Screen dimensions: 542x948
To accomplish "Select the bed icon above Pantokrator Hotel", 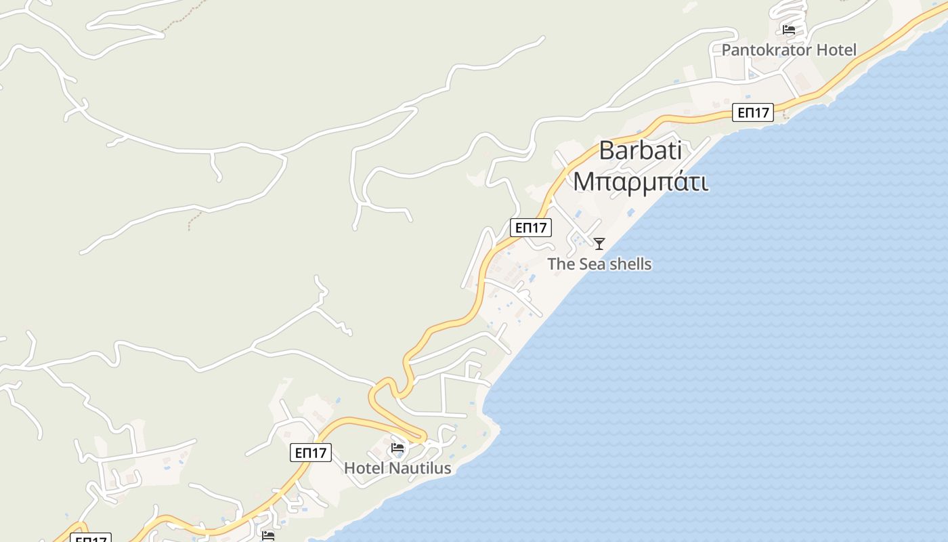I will click(788, 30).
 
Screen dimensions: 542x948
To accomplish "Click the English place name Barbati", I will click(640, 150).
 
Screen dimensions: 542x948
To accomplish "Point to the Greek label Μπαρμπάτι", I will click(641, 182).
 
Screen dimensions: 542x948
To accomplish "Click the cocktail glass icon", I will click(599, 244).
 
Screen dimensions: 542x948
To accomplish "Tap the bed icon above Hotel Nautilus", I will click(397, 448).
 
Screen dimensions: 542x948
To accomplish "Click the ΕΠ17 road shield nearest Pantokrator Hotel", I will click(753, 112).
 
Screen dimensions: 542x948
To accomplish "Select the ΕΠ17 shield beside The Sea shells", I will click(531, 228).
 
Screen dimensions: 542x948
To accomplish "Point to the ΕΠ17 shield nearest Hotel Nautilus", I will click(311, 453).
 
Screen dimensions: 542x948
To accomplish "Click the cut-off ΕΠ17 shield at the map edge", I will click(91, 539).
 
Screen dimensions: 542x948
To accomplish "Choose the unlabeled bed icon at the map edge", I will click(268, 536).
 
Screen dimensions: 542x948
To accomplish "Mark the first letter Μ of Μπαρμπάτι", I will click(584, 182).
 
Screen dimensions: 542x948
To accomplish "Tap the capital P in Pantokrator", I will click(727, 50).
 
